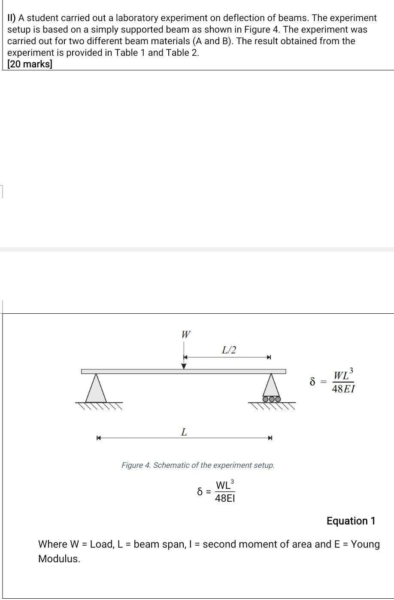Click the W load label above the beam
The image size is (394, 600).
(x=186, y=334)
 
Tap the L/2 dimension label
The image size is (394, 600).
(x=229, y=350)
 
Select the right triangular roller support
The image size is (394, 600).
(x=271, y=385)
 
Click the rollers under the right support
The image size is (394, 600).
(x=272, y=399)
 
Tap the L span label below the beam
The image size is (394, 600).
(x=184, y=432)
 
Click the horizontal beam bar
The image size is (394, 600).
(x=129, y=371)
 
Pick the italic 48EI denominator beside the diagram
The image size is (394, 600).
(x=344, y=389)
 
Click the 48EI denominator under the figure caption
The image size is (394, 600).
(x=225, y=498)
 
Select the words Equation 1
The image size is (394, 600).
(x=351, y=521)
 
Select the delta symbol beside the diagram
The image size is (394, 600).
(x=313, y=381)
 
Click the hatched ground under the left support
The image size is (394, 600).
(x=99, y=406)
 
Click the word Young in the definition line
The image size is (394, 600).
(x=365, y=544)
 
